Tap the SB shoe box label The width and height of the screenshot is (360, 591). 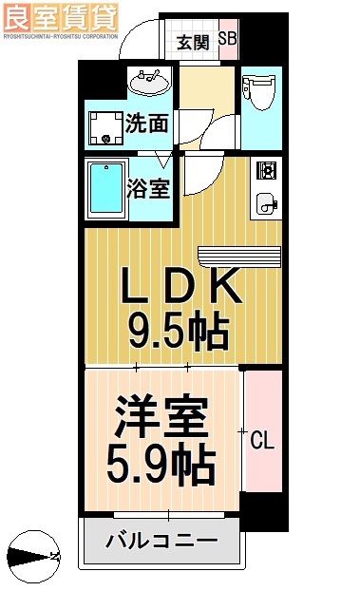coord(228,39)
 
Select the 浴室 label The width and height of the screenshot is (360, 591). coord(151,187)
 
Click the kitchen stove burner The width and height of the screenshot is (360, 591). coord(265,172)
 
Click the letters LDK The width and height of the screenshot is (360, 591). coord(180,286)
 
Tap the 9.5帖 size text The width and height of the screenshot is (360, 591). coord(180,331)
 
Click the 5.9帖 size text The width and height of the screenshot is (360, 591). coord(161,466)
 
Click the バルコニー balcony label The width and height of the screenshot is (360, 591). coord(161,543)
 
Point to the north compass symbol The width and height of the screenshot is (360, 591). coord(32,556)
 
